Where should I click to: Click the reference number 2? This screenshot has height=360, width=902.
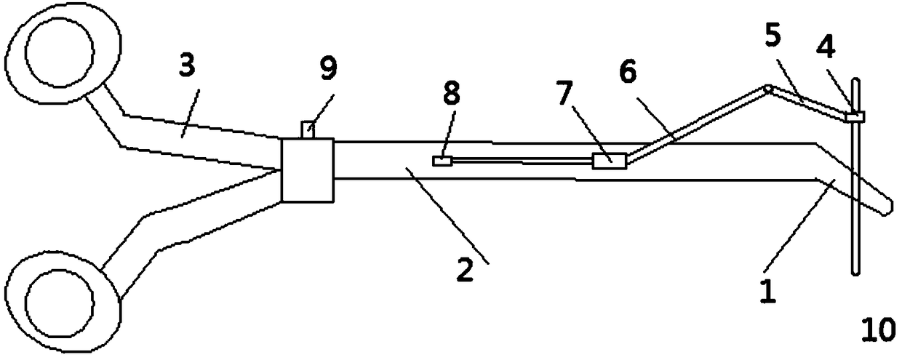(466, 270)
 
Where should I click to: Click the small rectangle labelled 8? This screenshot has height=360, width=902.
(442, 161)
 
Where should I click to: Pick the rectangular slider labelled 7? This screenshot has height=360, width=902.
(609, 161)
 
